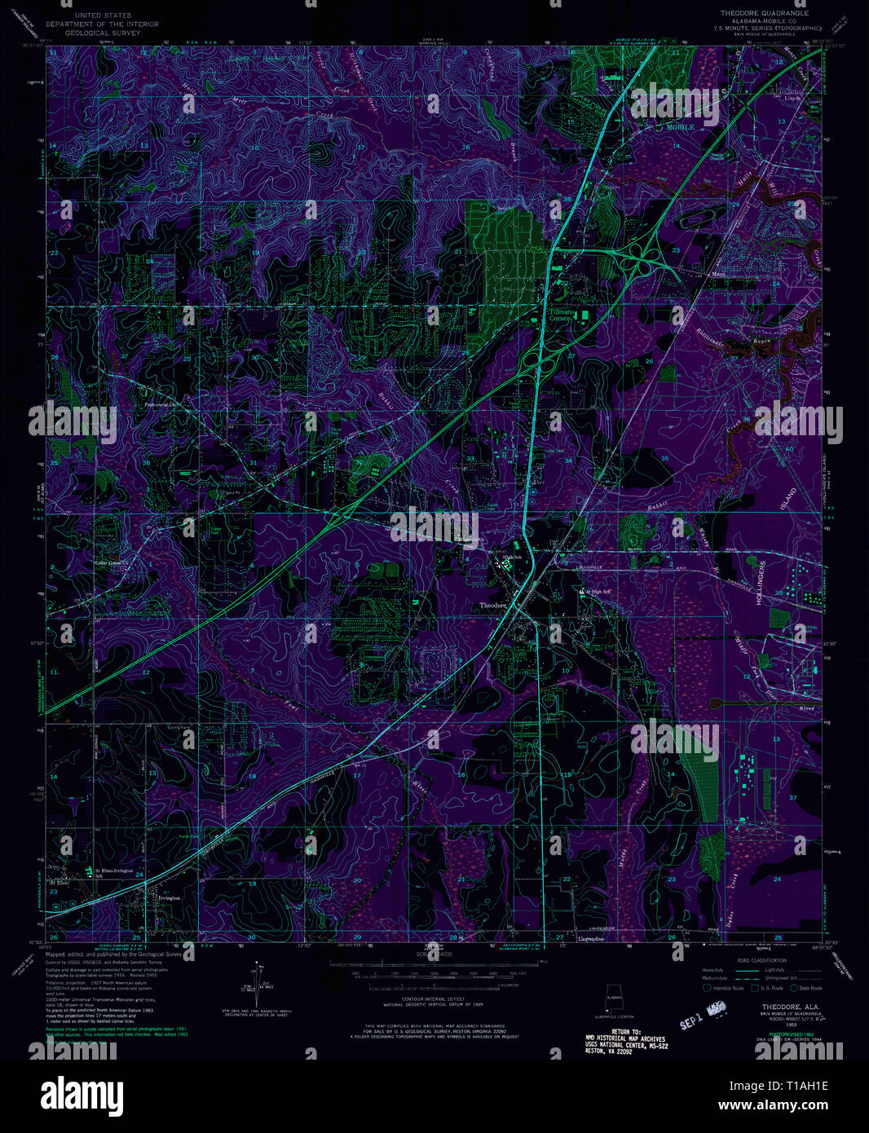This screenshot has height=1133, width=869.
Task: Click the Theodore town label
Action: pos(494,606)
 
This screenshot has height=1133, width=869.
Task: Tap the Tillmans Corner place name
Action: pos(559,315)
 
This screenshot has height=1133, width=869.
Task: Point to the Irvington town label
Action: pos(168,897)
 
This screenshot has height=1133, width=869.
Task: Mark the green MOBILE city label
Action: pos(680,127)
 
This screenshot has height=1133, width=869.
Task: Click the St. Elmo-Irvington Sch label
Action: pos(113,873)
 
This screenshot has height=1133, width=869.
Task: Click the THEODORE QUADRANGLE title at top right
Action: pos(764,14)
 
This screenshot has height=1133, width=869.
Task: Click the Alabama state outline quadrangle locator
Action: pos(612,999)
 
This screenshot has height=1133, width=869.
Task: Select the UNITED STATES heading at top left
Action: pos(102,15)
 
